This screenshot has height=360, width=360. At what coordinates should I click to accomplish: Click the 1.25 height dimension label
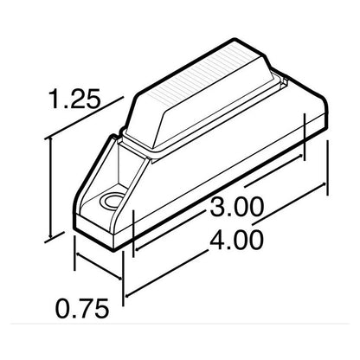click(x=75, y=99)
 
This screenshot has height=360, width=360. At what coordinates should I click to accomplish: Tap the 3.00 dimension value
click(x=236, y=207)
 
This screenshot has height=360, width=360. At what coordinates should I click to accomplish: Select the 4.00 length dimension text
click(x=236, y=240)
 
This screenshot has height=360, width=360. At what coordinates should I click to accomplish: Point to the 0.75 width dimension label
click(x=82, y=308)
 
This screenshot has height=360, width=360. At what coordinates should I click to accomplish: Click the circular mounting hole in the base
click(x=111, y=200)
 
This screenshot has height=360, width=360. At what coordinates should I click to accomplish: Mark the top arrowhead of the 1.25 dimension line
click(x=51, y=140)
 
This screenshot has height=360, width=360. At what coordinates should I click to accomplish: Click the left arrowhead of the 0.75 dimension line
click(x=78, y=255)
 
